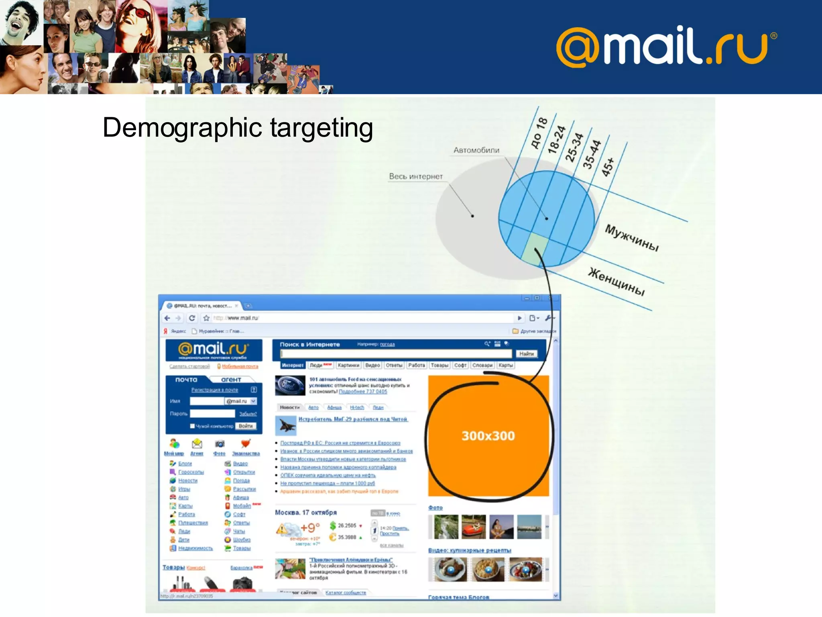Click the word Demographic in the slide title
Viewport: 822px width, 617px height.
182,128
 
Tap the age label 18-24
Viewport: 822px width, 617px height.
557,139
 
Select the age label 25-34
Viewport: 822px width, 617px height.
574,147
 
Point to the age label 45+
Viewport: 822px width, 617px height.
608,167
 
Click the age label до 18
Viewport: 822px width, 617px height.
539,133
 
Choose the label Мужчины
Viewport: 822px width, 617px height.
632,237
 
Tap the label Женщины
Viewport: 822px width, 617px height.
616,281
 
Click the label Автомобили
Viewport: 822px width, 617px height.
476,150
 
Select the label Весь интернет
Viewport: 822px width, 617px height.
416,176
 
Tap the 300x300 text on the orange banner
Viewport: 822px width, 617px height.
488,436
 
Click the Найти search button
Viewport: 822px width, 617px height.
526,354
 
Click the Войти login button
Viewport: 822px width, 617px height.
246,426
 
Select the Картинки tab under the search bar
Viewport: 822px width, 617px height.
348,365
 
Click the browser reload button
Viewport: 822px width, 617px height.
192,318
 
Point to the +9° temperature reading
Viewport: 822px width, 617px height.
310,527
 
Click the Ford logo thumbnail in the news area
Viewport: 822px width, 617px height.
290,385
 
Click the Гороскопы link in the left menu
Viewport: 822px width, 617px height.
191,472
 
